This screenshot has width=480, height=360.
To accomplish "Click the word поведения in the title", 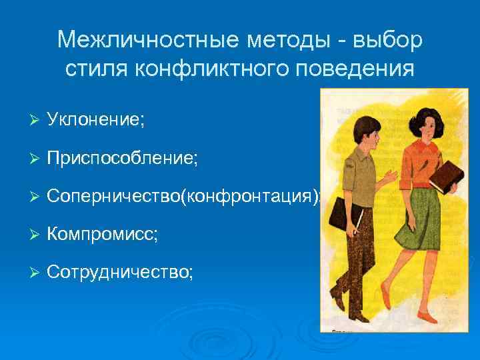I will click(360, 68).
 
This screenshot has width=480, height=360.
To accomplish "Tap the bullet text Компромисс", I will click(103, 234).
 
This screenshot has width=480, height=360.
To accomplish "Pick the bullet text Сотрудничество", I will click(121, 272).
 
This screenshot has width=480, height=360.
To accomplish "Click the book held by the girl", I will click(445, 175).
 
